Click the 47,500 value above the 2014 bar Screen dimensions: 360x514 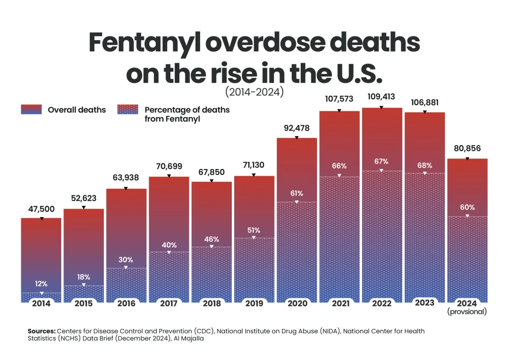click(x=41, y=209)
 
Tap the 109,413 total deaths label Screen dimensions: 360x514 click(x=381, y=96)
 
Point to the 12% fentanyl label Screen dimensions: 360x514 click(x=41, y=284)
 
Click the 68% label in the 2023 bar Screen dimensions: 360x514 click(x=424, y=165)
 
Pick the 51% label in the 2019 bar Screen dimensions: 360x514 click(x=254, y=230)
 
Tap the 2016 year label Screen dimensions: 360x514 click(x=126, y=304)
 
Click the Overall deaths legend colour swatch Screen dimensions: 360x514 click(x=31, y=109)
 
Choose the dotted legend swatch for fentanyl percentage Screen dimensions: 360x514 click(x=128, y=109)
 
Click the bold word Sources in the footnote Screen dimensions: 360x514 click(x=41, y=331)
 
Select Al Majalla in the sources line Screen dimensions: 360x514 click(x=189, y=339)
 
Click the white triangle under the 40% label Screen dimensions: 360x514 click(x=169, y=252)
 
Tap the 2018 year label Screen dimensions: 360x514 click(x=211, y=304)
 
